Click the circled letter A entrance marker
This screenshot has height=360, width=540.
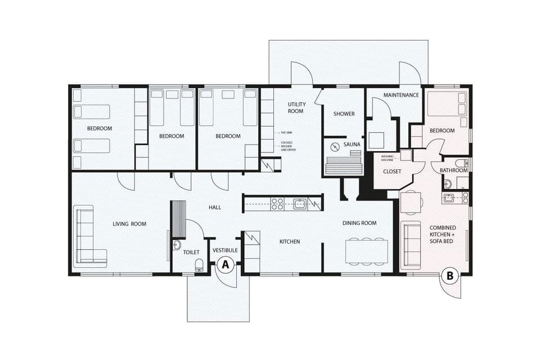(x=226, y=264)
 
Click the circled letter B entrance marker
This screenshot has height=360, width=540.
(x=449, y=276)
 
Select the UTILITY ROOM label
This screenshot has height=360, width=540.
(x=296, y=107)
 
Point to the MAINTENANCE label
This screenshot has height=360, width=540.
(x=401, y=95)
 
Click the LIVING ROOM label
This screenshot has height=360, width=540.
(x=129, y=224)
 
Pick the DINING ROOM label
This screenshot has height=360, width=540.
(x=359, y=223)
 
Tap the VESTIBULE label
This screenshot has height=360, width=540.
(x=225, y=250)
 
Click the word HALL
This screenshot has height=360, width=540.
(x=215, y=208)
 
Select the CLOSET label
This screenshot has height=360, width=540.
(x=391, y=171)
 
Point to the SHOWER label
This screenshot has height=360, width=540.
(x=344, y=114)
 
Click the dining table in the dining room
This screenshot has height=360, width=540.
(x=366, y=251)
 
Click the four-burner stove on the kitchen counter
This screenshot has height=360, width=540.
(x=278, y=203)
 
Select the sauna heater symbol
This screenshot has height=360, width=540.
(x=335, y=147)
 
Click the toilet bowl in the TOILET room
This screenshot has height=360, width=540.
(x=199, y=264)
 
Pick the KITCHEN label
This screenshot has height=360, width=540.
(x=290, y=241)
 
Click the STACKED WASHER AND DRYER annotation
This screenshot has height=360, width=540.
(x=287, y=146)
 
